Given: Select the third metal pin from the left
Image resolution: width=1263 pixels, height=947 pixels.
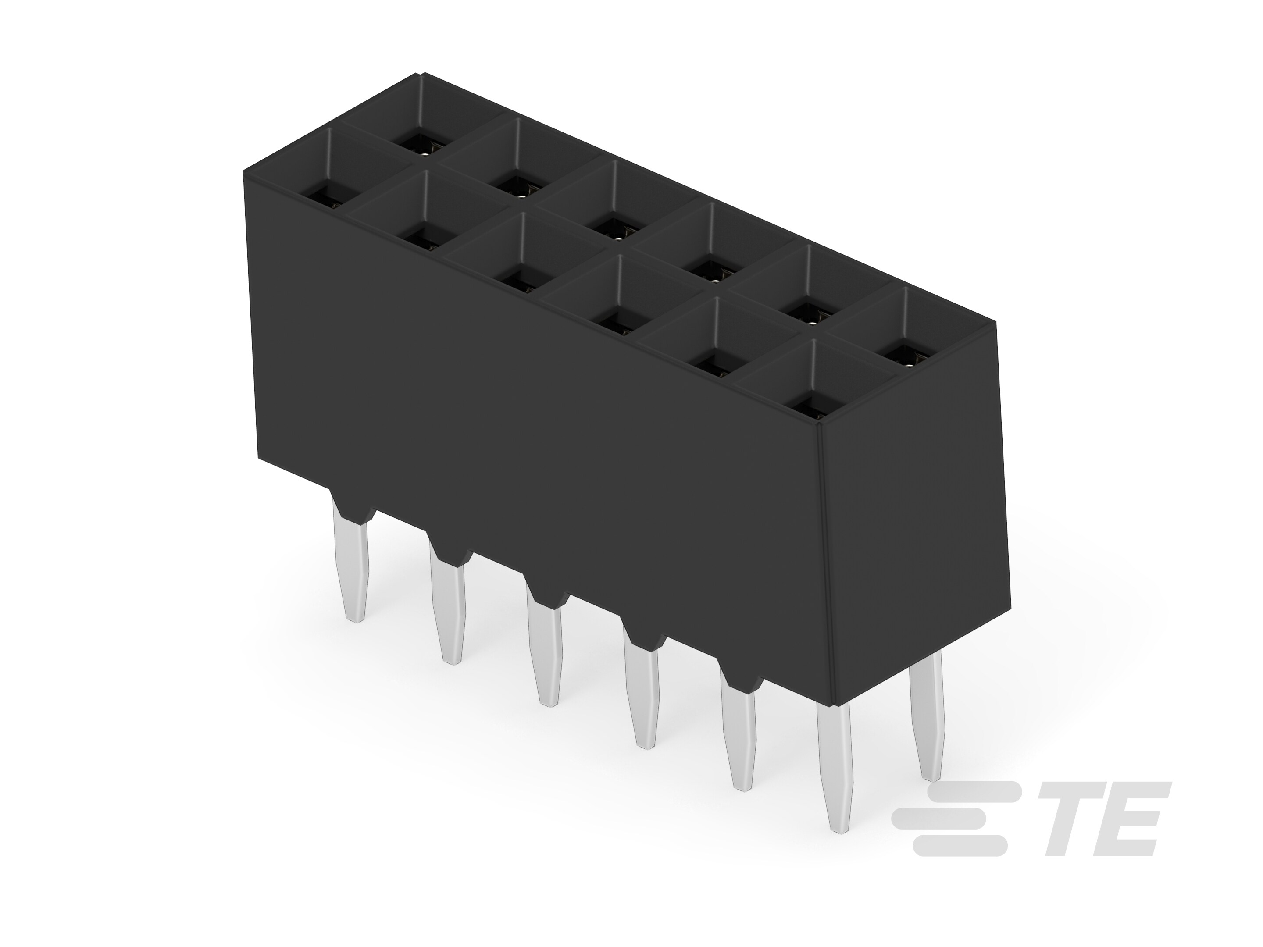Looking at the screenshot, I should pyautogui.click(x=545, y=656).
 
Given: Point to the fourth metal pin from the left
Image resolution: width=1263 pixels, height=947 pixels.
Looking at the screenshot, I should pyautogui.click(x=642, y=699).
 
